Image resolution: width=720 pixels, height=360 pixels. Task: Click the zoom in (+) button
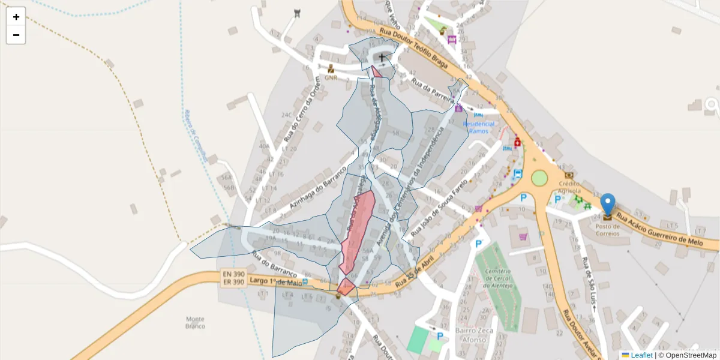[16, 17]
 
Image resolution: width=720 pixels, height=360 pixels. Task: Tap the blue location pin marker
[608, 205]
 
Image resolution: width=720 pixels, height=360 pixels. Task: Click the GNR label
[331, 77]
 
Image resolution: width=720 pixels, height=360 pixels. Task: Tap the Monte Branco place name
[195, 322]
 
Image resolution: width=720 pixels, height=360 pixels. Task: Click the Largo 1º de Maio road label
[277, 283]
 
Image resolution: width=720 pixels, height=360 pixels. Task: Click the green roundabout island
[539, 178]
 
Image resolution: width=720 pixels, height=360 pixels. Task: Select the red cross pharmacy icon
[517, 143]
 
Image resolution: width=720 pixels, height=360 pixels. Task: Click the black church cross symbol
[382, 57]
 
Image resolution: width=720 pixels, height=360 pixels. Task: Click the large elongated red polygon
[358, 231]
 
